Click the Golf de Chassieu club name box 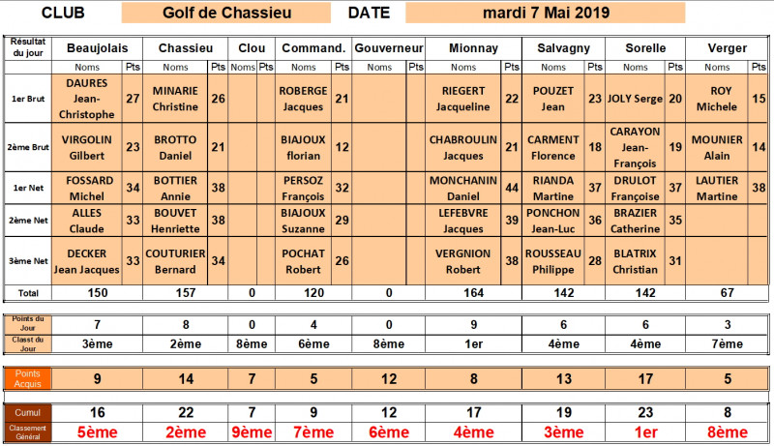tap(223, 14)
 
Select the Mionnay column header tap(474, 47)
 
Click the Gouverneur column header tap(388, 47)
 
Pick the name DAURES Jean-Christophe tap(88, 100)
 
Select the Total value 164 tap(474, 291)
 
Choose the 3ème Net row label tap(28, 260)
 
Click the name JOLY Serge tap(636, 99)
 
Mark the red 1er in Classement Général tap(645, 432)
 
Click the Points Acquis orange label tap(28, 379)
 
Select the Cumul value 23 tap(645, 412)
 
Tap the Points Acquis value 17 tap(645, 379)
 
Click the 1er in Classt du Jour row tap(474, 342)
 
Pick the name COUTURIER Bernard tap(176, 260)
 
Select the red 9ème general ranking tap(252, 432)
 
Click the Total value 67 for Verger tap(727, 291)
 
